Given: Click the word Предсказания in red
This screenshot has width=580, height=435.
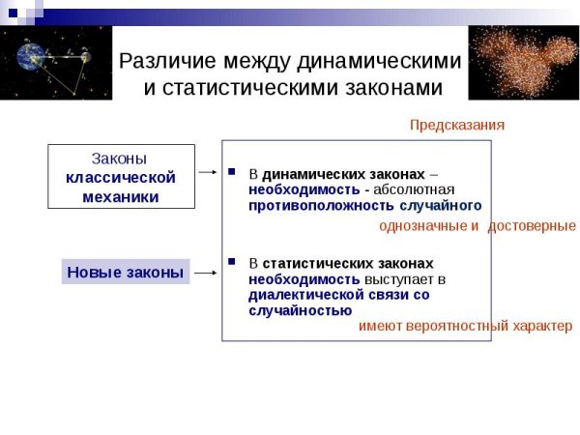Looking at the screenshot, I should [x=456, y=126].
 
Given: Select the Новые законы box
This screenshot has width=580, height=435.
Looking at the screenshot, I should [x=125, y=273].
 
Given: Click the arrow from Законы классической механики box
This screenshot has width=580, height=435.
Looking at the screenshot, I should [x=207, y=172].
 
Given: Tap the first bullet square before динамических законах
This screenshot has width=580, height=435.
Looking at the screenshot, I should [x=231, y=173].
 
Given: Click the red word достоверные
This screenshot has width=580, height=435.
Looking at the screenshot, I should [x=532, y=226].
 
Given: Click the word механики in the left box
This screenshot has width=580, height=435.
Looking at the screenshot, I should [x=121, y=196].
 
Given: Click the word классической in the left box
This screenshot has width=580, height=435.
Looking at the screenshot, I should [x=121, y=177].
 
